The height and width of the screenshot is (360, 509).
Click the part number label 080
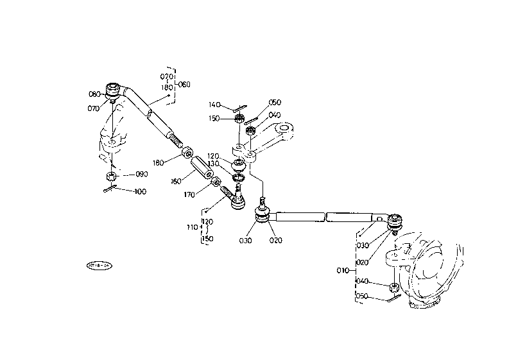click(94, 94)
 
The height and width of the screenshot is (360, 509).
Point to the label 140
click(214, 105)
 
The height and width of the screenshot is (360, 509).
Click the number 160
click(176, 182)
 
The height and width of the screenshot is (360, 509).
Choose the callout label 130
click(214, 164)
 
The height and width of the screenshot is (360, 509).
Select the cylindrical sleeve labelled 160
click(201, 169)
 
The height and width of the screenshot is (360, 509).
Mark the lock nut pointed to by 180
click(187, 153)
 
